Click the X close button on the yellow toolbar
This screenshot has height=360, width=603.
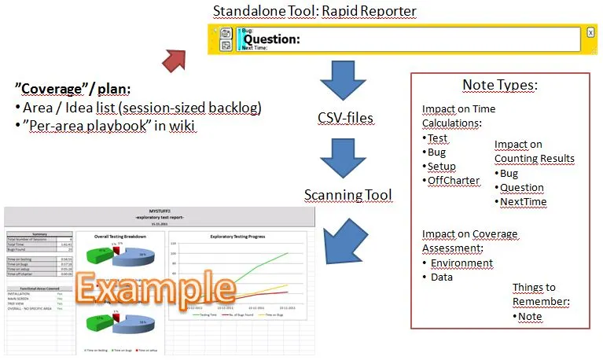pos(590,33)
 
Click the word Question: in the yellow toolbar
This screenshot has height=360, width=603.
pos(272,39)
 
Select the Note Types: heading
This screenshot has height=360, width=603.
pos(500,85)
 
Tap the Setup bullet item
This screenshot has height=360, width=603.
pos(441,166)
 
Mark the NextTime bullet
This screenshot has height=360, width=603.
pos(523,201)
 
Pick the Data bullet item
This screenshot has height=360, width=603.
pos(441,277)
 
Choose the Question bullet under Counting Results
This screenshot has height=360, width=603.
pos(522,187)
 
